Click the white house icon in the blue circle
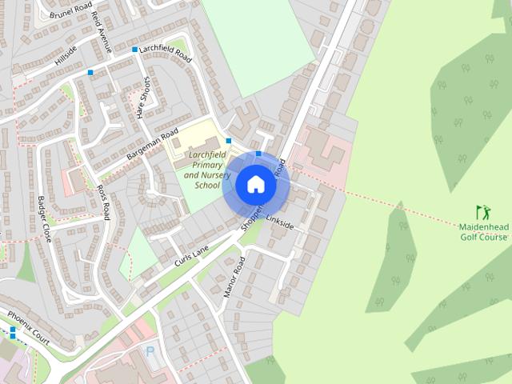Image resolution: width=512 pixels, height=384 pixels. (255, 185)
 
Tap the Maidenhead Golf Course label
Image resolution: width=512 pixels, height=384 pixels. (484, 232)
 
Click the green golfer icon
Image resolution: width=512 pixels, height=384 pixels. (482, 213)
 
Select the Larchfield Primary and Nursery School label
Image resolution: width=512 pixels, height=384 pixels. (202, 169)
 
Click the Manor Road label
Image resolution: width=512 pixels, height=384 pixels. (233, 277)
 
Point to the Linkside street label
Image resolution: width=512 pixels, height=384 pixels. (280, 221)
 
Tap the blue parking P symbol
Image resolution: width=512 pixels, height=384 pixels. (150, 351)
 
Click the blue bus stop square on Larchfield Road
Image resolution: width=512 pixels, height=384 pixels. (134, 50)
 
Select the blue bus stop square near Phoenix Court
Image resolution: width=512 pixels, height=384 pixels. (13, 330)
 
